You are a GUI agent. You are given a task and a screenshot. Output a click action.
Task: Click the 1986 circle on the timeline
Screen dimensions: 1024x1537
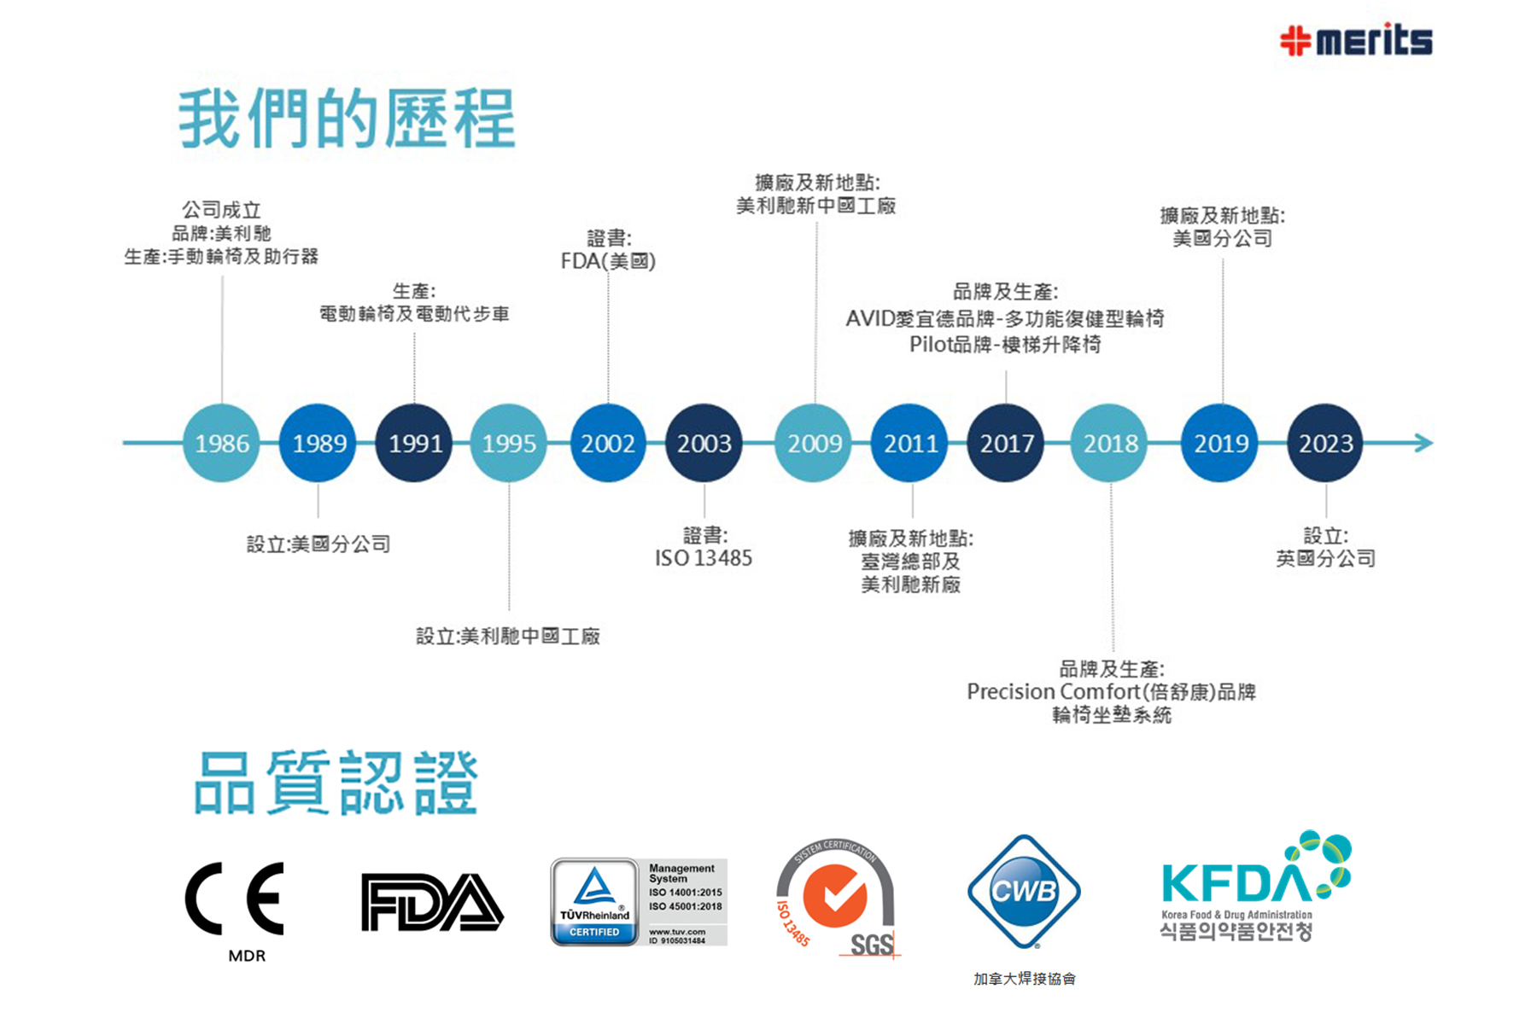[x=221, y=443]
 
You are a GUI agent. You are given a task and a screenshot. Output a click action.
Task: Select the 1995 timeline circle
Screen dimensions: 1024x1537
[x=509, y=443]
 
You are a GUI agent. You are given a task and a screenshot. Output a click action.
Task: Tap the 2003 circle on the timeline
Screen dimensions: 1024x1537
[x=704, y=443]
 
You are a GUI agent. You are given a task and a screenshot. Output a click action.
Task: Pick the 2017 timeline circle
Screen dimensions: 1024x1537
[x=1006, y=443]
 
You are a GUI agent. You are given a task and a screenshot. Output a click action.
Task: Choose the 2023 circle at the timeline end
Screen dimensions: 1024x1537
[x=1325, y=443]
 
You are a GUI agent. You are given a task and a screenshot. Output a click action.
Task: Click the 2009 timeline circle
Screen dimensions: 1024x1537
[x=814, y=443]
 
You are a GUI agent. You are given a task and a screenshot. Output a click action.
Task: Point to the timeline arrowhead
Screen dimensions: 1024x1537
[x=1423, y=443]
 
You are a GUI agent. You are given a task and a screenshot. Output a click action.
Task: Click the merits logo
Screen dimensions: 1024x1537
[x=1356, y=40]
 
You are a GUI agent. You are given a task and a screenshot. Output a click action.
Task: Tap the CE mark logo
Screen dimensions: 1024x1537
[x=235, y=899]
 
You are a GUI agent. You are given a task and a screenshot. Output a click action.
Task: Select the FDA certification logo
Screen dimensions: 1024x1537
[x=432, y=901]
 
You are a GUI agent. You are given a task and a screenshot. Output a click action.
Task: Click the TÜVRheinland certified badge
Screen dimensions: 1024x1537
[x=639, y=902]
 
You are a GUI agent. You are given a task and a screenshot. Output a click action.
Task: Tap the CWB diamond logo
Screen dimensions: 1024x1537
[x=1024, y=892]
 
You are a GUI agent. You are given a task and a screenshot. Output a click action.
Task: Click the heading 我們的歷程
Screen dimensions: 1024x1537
[x=347, y=119]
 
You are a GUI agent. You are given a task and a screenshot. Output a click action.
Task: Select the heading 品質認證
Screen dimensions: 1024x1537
[x=336, y=783]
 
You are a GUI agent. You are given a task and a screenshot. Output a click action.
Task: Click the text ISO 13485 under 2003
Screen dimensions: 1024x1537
[x=704, y=558]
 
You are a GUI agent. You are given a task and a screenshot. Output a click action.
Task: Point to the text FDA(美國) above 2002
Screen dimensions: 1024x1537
[x=608, y=261]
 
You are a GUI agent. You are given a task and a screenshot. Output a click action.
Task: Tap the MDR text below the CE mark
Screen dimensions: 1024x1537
[x=247, y=956]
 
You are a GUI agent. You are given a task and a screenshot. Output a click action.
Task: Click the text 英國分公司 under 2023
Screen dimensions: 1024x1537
[x=1325, y=558]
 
